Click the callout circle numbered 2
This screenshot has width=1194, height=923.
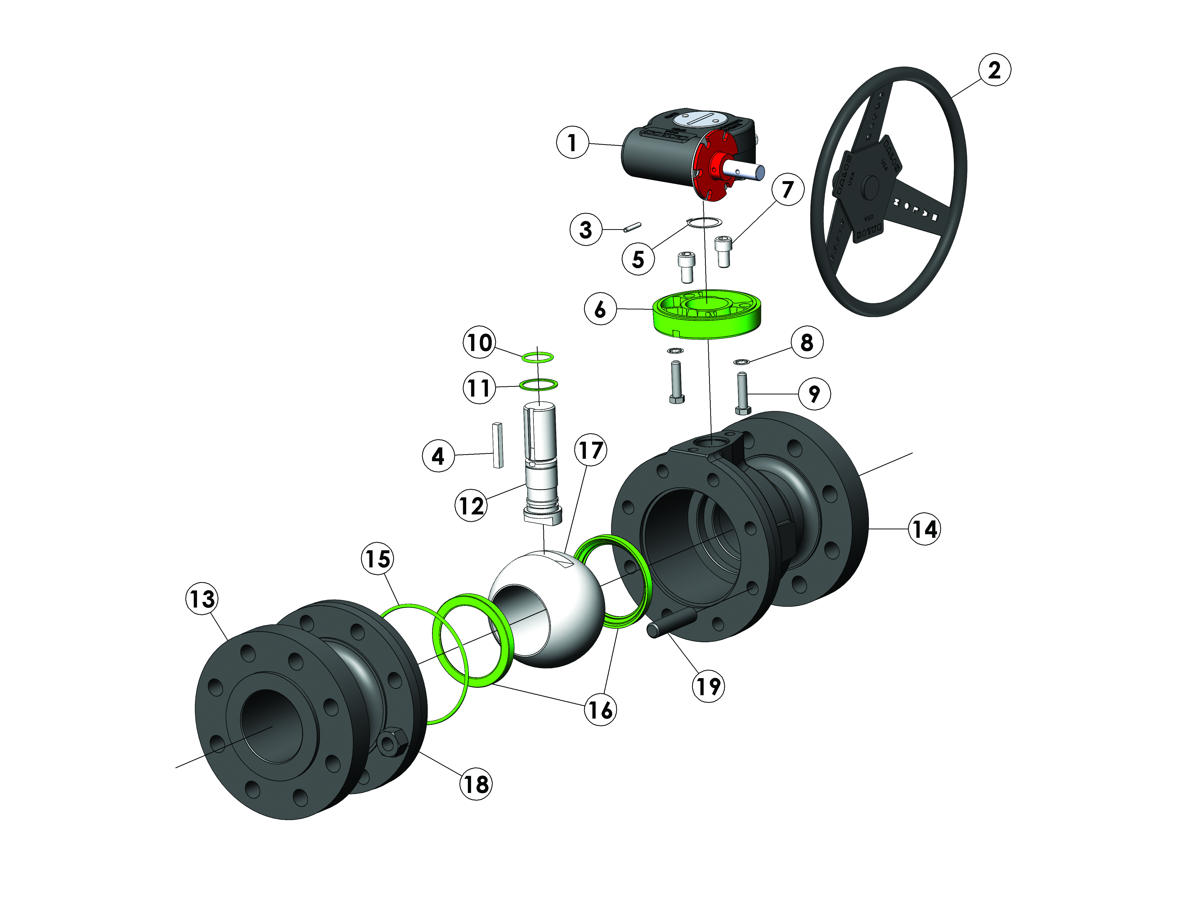click(994, 70)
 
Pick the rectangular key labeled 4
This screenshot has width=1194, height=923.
click(497, 445)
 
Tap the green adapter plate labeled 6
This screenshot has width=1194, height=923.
click(705, 323)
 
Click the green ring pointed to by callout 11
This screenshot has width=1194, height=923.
click(538, 384)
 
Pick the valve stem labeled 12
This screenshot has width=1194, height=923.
click(541, 465)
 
